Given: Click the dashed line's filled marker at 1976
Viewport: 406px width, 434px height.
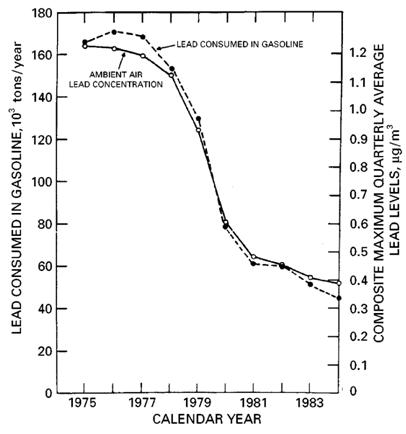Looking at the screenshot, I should [x=113, y=32].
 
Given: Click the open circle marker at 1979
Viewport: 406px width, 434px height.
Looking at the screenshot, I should [x=198, y=130].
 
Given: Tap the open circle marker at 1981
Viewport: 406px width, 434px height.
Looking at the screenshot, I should [x=254, y=257].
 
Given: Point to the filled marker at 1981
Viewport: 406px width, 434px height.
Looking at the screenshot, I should [x=254, y=263].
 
